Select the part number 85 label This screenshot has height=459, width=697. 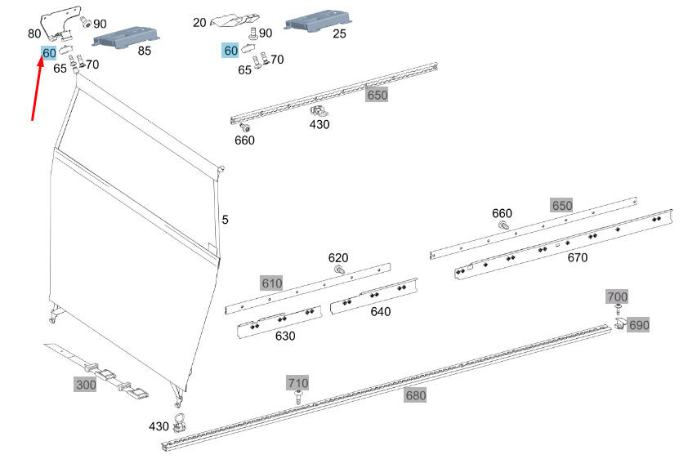pos(145,51)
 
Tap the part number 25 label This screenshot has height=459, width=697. pos(339,33)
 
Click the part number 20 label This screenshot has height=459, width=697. pos(199,23)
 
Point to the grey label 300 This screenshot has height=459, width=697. pos(85,384)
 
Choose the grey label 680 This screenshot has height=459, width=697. pos(416,396)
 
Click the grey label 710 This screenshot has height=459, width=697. pos(298,383)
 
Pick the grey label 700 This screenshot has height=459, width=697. pos(617,296)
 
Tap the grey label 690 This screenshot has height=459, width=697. pos(638,325)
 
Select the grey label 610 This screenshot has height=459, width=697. pos(271,283)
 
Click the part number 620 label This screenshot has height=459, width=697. pos(338,257)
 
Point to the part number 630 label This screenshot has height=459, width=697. pos(285,336)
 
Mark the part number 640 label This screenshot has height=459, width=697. pos(380,311)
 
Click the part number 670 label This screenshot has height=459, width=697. pos(577,257)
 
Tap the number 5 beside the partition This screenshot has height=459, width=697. pos(225,220)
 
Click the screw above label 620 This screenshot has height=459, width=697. pos(339,270)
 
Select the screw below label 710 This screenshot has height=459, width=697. pos(298,397)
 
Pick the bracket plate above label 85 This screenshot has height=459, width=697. pos(127,35)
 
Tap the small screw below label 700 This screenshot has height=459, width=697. pos(618,309)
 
